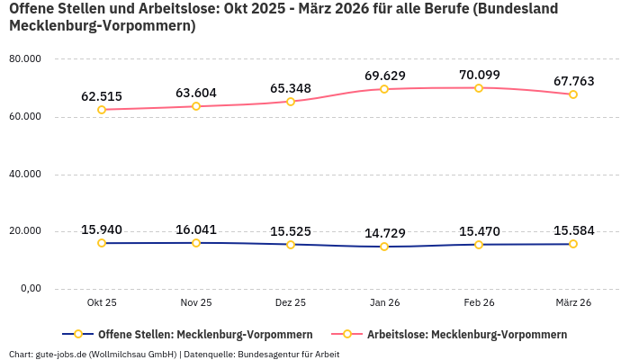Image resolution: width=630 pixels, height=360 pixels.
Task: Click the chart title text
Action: pos(283,17)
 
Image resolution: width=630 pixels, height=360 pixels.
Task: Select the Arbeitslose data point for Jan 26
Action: pos(384,89)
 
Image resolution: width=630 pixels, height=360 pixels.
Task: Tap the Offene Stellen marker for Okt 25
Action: pos(102,243)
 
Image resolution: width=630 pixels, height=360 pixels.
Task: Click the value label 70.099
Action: pos(479,75)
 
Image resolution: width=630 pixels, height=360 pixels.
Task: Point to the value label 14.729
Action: pos(384,233)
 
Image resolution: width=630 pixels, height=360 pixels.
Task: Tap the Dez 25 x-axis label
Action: pos(290,303)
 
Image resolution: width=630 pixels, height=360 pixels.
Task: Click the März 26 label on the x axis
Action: pos(572,303)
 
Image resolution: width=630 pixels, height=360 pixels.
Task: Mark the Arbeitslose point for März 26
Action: pos(572,94)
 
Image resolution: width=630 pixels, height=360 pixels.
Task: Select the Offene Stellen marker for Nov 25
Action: pos(196,243)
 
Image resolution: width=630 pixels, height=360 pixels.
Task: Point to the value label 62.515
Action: pos(102,96)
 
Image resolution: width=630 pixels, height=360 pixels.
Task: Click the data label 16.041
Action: pos(196,229)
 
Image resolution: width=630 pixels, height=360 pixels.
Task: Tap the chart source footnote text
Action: pos(174,354)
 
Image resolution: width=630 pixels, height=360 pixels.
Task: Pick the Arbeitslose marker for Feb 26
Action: pos(479,88)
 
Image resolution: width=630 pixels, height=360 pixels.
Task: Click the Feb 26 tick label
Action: pos(479,303)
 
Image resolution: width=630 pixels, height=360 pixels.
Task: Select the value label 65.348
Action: pos(290,88)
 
